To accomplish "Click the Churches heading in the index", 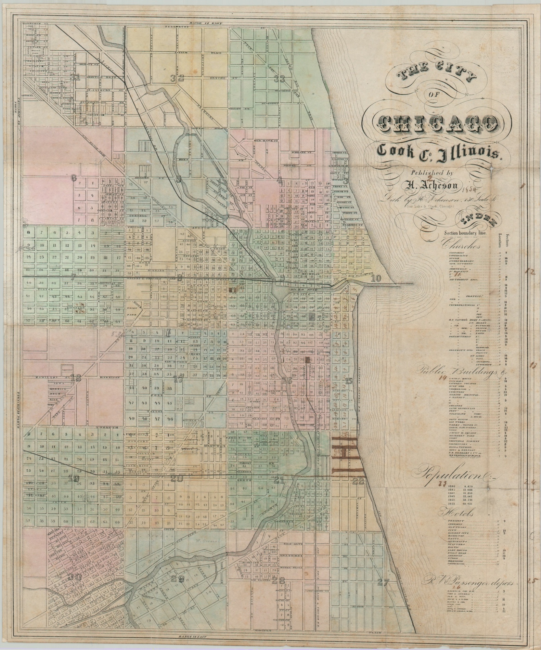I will click(462, 245).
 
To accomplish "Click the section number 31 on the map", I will click(75, 77).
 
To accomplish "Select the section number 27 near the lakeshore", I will click(384, 582).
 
